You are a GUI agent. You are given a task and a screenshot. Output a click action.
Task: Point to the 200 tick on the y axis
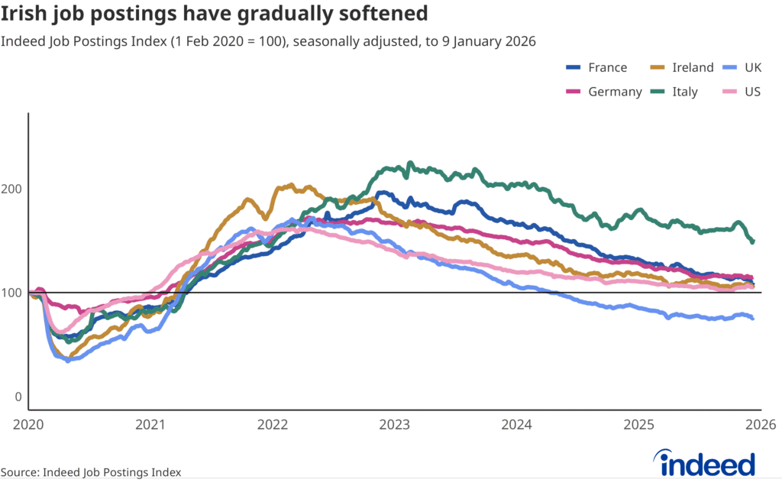pyautogui.click(x=14, y=189)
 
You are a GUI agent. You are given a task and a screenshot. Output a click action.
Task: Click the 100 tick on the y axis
pyautogui.click(x=14, y=293)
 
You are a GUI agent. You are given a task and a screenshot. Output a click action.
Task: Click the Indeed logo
pyautogui.click(x=706, y=462)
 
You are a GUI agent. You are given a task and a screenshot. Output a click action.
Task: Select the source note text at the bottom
pyautogui.click(x=91, y=472)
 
